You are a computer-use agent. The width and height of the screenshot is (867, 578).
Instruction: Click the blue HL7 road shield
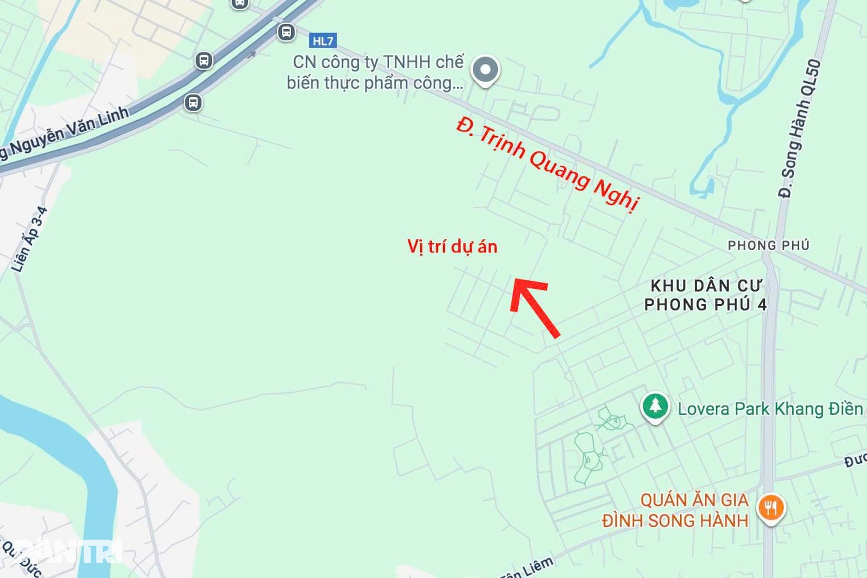tap(323, 41)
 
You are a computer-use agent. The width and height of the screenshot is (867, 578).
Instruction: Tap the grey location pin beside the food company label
tap(485, 70)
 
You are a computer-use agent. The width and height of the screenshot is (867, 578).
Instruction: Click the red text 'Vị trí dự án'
tap(452, 247)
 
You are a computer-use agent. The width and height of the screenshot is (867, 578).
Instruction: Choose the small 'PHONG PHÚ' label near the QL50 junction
tap(768, 245)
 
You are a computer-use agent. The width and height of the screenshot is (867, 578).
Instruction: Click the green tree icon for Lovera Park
tap(655, 406)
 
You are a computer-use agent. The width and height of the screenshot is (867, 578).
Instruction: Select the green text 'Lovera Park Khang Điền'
tap(770, 409)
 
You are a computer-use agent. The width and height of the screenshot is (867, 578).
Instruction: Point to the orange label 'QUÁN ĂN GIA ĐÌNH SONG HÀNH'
tap(675, 511)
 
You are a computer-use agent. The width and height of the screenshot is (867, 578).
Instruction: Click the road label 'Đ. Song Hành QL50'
tap(799, 129)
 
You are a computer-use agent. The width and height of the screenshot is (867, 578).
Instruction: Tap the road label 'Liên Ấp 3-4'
tap(30, 239)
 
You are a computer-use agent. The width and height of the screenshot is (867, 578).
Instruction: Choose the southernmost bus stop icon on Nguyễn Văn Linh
tap(193, 103)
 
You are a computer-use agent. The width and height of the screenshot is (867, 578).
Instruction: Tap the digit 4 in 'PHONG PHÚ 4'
tap(762, 305)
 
